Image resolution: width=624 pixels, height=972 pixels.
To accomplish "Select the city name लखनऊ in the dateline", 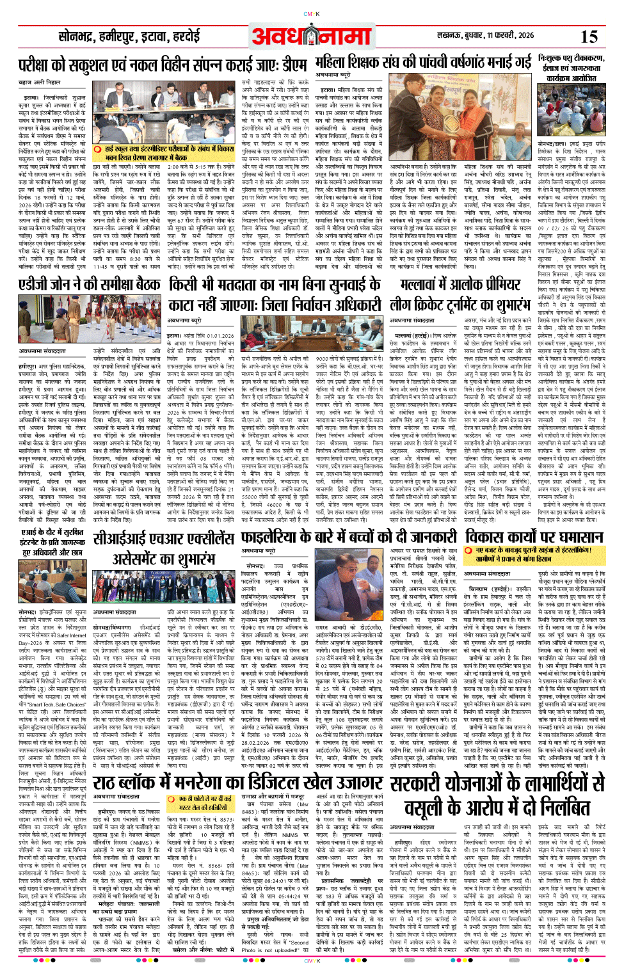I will (451, 35).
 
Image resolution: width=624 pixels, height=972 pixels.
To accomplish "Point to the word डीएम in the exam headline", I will (294, 65).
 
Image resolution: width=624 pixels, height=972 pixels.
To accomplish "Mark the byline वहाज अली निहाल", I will (40, 83).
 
